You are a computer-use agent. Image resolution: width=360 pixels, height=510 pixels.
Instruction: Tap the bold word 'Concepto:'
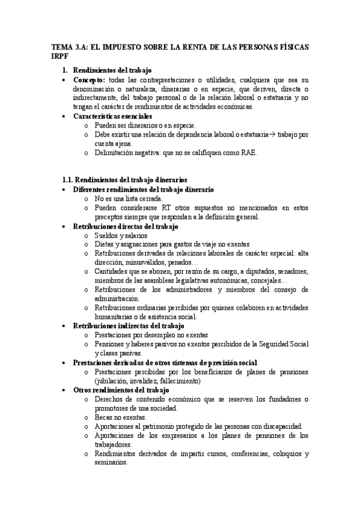[89, 80]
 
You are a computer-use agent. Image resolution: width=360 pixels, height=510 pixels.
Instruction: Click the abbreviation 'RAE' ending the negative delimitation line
[248, 153]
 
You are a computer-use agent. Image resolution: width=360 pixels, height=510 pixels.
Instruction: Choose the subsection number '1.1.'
[69, 179]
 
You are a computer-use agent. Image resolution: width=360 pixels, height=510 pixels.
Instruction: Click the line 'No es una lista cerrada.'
[128, 198]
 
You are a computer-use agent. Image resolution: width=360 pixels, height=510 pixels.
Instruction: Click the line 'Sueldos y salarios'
[120, 236]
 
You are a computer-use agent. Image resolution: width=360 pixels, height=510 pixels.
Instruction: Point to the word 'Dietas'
[105, 245]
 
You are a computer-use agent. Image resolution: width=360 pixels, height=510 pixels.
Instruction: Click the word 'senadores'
[291, 271]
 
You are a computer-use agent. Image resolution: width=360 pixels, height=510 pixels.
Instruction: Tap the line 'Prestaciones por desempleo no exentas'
[151, 335]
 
